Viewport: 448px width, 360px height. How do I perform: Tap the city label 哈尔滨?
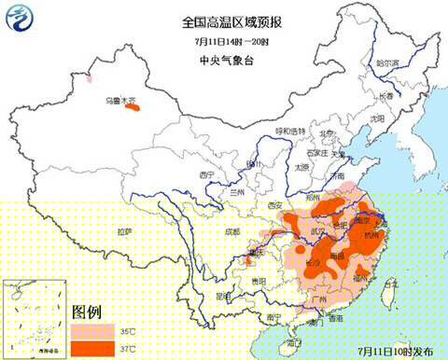pyautogui.click(x=387, y=63)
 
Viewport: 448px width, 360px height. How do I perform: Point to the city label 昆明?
pyautogui.click(x=221, y=295)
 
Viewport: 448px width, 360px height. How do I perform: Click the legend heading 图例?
pyautogui.click(x=86, y=310)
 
